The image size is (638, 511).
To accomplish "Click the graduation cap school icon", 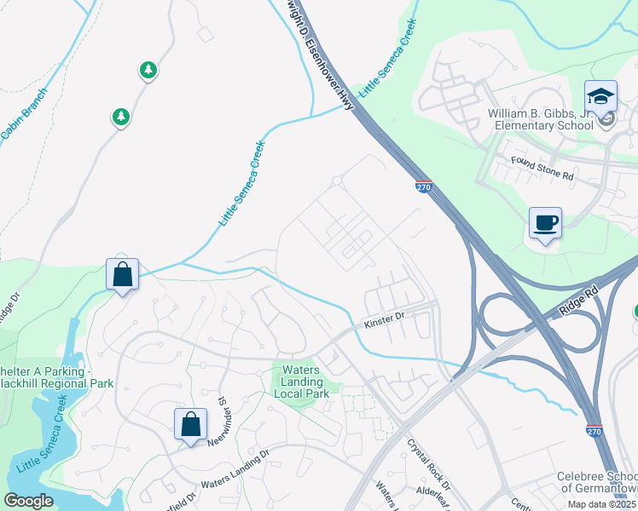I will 600,96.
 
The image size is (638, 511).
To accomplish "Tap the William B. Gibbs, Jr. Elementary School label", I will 540,119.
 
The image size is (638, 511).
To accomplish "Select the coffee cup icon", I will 545,223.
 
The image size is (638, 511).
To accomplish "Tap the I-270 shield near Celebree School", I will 594,433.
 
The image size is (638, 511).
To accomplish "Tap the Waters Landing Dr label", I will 235,481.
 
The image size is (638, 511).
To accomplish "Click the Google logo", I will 29,501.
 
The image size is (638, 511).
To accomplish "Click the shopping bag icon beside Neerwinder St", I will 191,423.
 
